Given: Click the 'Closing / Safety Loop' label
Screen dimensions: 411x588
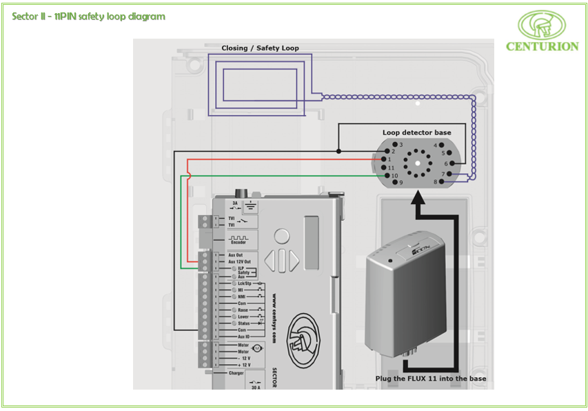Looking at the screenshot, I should [260, 48].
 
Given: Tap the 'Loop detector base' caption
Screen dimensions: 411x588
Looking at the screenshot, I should [417, 132].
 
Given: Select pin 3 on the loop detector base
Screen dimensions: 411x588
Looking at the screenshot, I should [394, 145].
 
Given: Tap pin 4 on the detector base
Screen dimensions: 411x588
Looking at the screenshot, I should [441, 145].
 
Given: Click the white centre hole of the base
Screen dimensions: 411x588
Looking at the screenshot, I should [417, 164].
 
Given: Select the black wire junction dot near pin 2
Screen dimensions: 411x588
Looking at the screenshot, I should [338, 151].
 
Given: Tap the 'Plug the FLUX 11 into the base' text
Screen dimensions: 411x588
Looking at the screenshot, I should [430, 379].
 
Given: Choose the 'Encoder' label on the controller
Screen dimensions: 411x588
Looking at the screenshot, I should [238, 242].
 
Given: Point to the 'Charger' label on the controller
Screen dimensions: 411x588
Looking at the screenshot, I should [236, 373].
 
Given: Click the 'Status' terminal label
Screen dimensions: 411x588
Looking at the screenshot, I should [244, 323].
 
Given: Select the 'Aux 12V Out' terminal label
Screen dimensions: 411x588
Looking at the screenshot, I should [239, 262].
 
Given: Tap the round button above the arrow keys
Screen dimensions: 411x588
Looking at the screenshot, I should [281, 237].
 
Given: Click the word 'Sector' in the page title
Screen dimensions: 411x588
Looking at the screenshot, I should [25, 16].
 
